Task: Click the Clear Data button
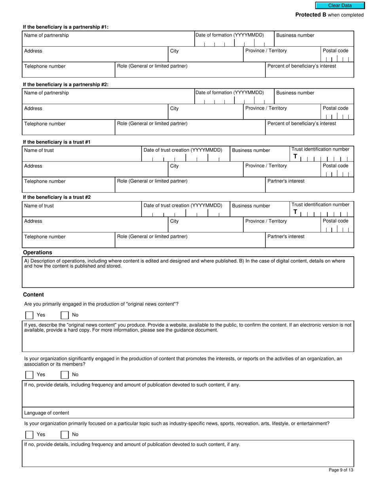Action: pyautogui.click(x=340, y=6)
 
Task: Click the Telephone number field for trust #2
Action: pyautogui.click(x=68, y=240)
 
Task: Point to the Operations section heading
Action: pyautogui.click(x=38, y=253)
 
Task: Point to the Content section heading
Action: pyautogui.click(x=34, y=295)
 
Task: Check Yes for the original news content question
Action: pyautogui.click(x=29, y=315)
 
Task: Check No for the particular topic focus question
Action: pyautogui.click(x=65, y=435)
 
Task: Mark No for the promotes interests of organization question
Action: pyautogui.click(x=65, y=375)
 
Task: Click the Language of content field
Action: pyautogui.click(x=188, y=413)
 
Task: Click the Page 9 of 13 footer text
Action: pyautogui.click(x=341, y=470)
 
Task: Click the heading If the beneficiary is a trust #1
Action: pyautogui.click(x=57, y=142)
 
